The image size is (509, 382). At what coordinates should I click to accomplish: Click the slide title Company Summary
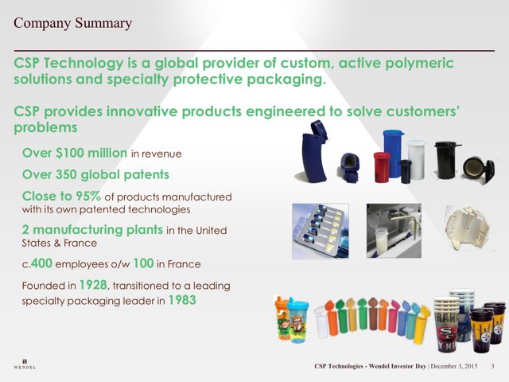pos(72,23)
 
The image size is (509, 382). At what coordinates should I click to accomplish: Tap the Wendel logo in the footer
pos(25,364)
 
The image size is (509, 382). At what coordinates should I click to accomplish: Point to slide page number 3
pos(492,366)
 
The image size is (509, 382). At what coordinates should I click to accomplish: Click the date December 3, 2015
pos(454,366)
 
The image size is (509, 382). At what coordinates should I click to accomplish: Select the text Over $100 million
pos(75,153)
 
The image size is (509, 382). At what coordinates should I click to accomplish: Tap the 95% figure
pos(88,196)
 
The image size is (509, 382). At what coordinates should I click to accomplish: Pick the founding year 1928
pos(93,285)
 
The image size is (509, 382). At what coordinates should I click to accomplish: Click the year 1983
pos(182,300)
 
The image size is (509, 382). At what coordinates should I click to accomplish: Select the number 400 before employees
pos(41,263)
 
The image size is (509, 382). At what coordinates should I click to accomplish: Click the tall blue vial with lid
pos(393,154)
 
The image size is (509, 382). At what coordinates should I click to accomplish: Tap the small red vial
pos(382,167)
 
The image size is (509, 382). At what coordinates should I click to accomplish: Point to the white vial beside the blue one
pos(416,159)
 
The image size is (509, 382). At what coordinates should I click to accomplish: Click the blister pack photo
pos(321,231)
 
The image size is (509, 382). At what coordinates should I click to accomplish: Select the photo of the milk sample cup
pos(394,231)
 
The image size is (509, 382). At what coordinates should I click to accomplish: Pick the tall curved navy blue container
pos(314,152)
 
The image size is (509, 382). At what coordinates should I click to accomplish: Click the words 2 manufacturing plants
pos(92,230)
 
